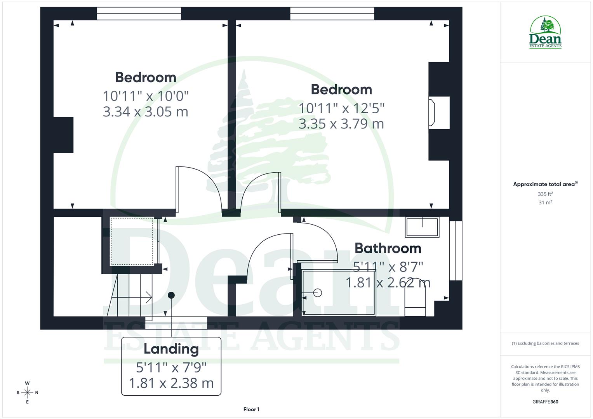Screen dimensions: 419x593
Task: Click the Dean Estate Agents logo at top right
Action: click(545, 33)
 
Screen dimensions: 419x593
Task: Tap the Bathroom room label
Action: click(388, 248)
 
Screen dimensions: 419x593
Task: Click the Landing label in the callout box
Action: click(171, 349)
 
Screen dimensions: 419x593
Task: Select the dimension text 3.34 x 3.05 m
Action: click(146, 112)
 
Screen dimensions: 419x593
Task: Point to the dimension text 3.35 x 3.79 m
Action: click(341, 124)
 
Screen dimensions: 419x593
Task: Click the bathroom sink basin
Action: click(422, 227)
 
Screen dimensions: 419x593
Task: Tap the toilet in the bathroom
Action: click(415, 297)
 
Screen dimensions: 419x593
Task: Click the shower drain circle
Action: click(318, 293)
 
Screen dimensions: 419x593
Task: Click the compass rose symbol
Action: click(27, 393)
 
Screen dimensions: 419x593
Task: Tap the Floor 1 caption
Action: click(251, 409)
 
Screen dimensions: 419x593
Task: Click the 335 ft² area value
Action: click(545, 194)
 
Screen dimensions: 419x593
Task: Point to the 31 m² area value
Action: click(545, 203)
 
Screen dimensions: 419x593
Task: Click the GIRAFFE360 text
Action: click(545, 402)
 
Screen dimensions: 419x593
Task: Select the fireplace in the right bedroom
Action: click(433, 113)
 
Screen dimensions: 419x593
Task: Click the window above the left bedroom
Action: click(139, 14)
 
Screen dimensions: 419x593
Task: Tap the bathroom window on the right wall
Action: click(456, 250)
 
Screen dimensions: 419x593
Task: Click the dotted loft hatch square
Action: click(132, 241)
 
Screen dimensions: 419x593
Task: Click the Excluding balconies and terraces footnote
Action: click(545, 343)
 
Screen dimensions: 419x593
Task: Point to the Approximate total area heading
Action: click(544, 184)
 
